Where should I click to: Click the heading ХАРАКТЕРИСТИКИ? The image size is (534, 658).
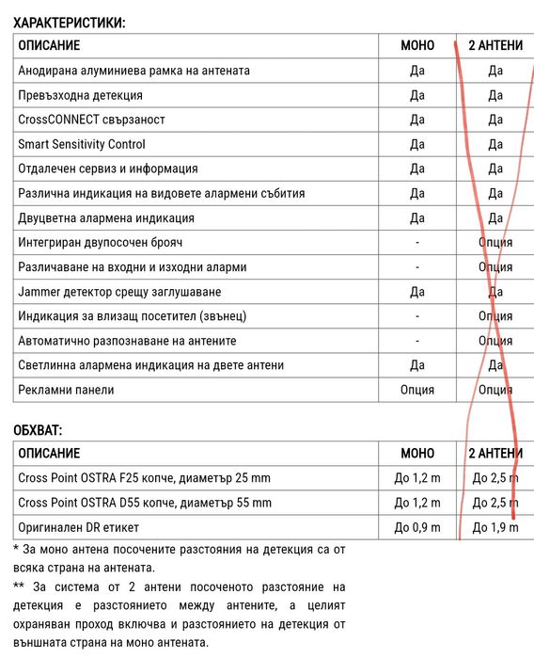click(69, 21)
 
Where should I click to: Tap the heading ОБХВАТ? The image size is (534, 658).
click(39, 430)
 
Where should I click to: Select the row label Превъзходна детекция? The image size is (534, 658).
click(81, 95)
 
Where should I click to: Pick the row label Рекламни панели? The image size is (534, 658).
click(66, 389)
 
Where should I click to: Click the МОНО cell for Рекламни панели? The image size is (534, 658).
click(417, 389)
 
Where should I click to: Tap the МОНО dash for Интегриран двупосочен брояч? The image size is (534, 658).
click(417, 242)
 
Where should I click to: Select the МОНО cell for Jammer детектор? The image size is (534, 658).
click(417, 291)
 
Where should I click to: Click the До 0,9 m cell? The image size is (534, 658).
click(417, 527)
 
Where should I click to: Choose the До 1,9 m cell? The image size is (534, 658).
click(495, 527)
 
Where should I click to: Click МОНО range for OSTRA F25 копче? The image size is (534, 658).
click(417, 478)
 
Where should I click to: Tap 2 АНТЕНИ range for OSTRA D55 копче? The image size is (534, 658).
click(495, 503)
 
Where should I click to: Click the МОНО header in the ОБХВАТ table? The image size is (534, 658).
click(417, 454)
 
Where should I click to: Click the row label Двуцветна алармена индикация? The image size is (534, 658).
click(106, 217)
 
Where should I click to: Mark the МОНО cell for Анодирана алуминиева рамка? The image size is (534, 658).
click(417, 71)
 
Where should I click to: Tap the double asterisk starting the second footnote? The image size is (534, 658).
click(19, 586)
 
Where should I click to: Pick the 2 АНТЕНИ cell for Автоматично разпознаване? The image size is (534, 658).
click(495, 340)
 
